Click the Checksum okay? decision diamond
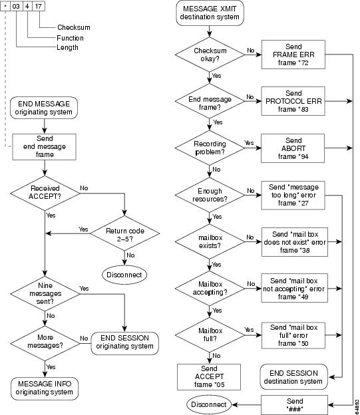[210, 55]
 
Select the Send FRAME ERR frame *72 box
[293, 55]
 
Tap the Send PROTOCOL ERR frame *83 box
[293, 101]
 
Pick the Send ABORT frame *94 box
[293, 148]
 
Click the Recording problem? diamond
[210, 148]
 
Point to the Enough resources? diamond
[210, 195]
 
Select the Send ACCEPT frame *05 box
[209, 377]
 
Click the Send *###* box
[294, 405]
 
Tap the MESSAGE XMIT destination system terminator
[210, 13]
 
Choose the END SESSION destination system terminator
[293, 377]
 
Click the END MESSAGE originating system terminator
[44, 108]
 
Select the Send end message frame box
[44, 147]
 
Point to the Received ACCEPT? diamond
[45, 193]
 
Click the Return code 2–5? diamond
[124, 233]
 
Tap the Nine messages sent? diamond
[45, 293]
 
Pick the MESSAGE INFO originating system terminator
[45, 388]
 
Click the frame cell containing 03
[16, 6]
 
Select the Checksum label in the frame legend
[74, 27]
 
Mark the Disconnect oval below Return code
[124, 275]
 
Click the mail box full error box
[293, 335]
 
